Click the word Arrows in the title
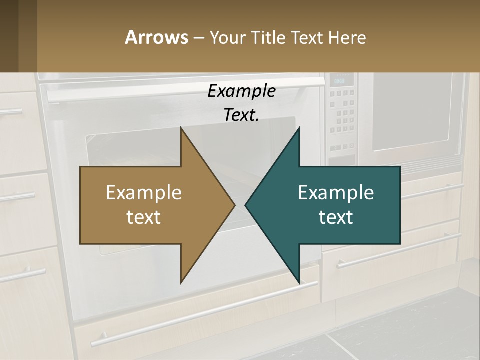coord(156,38)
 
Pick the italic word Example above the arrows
coord(241,91)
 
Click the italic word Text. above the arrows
coord(241,115)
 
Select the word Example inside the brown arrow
coord(144,193)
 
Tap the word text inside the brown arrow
coord(144,217)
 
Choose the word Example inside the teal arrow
coord(336,193)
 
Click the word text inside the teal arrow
coord(336,217)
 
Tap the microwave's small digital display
coord(340,81)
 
